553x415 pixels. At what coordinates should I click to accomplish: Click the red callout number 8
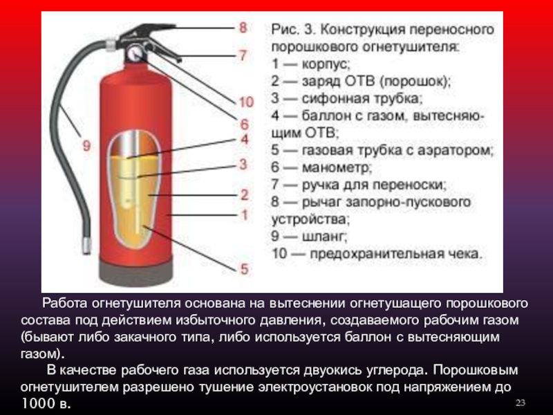point(243,28)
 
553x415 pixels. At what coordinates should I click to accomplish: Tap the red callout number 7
point(243,55)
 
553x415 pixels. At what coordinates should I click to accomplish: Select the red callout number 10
point(246,102)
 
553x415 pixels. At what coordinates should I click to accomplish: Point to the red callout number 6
point(245,124)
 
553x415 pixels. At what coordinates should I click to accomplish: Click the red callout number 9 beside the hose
point(86,145)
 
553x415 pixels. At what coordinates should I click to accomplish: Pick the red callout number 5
point(245,269)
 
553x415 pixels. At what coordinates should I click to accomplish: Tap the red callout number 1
point(245,215)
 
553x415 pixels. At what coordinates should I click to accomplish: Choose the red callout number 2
point(245,194)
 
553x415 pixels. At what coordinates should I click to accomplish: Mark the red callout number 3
point(243,164)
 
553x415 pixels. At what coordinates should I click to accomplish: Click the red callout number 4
point(245,140)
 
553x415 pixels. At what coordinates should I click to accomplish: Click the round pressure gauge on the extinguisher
point(135,53)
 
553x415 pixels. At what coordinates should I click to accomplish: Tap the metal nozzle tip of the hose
point(86,246)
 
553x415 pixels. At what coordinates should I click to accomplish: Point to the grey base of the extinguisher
point(136,273)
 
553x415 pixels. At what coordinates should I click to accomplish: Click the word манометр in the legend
point(337,167)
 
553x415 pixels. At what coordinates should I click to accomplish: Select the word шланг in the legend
point(324,236)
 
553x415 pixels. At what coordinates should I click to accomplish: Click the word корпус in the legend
point(326,64)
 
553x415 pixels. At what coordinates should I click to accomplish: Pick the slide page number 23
point(521,403)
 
